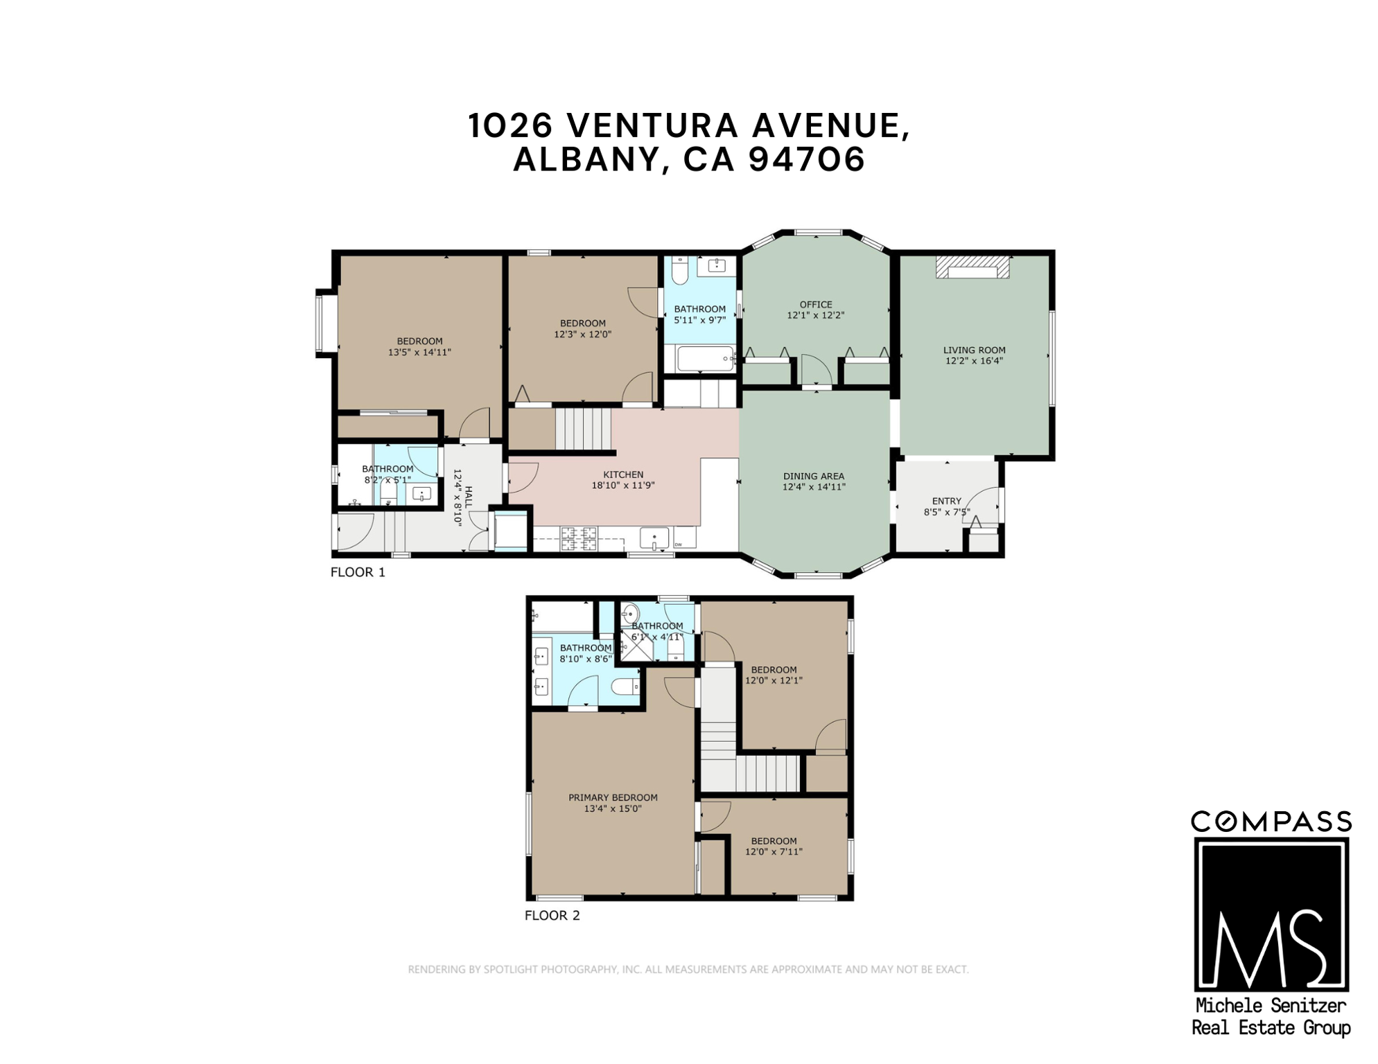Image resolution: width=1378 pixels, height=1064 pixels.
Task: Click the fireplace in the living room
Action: [972, 267]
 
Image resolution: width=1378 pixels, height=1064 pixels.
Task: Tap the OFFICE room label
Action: [815, 304]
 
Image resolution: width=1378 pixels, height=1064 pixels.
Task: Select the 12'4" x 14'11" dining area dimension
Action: [813, 487]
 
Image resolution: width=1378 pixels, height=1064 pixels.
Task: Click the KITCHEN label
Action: [622, 475]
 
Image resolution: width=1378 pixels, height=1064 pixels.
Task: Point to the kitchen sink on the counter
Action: [654, 538]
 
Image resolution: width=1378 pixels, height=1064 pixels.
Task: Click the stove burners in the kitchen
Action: [578, 538]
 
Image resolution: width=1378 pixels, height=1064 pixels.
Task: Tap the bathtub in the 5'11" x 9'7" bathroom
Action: [705, 359]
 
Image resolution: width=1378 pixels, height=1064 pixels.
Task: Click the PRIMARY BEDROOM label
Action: [613, 797]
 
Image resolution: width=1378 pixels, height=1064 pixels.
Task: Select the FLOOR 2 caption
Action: [552, 915]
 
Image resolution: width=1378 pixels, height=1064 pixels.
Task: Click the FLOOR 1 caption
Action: [358, 572]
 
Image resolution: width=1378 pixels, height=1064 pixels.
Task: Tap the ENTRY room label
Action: [946, 501]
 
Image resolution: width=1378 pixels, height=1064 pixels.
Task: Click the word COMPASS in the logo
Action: [1271, 822]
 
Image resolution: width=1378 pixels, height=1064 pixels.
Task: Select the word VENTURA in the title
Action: [654, 125]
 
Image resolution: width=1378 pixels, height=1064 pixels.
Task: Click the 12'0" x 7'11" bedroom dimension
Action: [774, 852]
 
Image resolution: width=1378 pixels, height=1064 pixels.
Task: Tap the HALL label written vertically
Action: [469, 497]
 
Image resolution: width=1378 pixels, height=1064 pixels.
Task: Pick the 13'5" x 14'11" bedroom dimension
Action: [419, 352]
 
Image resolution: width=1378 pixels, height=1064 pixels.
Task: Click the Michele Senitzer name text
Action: [1271, 1005]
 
